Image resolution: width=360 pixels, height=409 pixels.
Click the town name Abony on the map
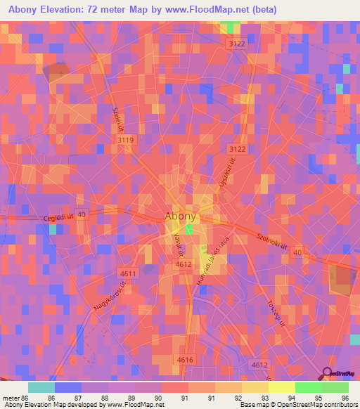tap(181, 217)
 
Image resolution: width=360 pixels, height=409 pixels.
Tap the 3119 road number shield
tap(126, 141)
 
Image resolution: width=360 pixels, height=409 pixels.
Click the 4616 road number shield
tap(184, 359)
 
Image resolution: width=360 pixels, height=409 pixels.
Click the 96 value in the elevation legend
tap(344, 397)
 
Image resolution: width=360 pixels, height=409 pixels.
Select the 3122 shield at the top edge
tap(236, 44)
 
